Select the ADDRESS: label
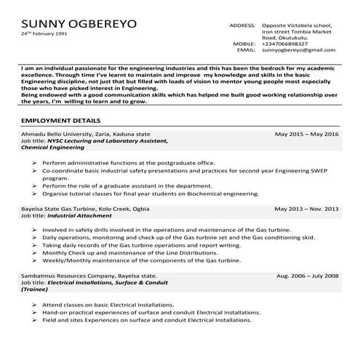click(242, 25)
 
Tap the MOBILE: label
click(245, 44)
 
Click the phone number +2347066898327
click(287, 44)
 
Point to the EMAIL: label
click(247, 51)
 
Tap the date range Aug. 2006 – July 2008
click(308, 276)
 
